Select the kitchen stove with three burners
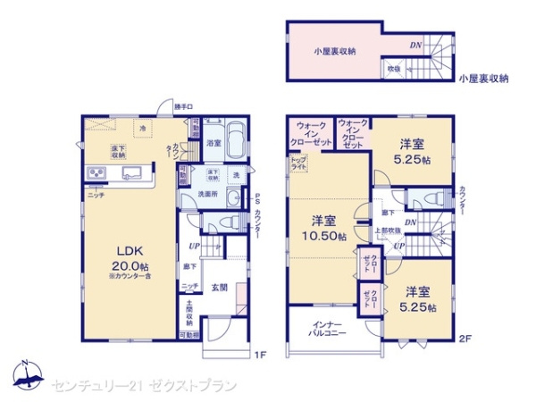click(96, 172)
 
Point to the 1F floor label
click(260, 356)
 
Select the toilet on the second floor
click(428, 199)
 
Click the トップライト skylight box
click(297, 163)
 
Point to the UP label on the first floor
click(193, 247)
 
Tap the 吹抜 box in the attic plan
click(393, 68)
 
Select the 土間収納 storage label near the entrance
click(190, 314)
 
